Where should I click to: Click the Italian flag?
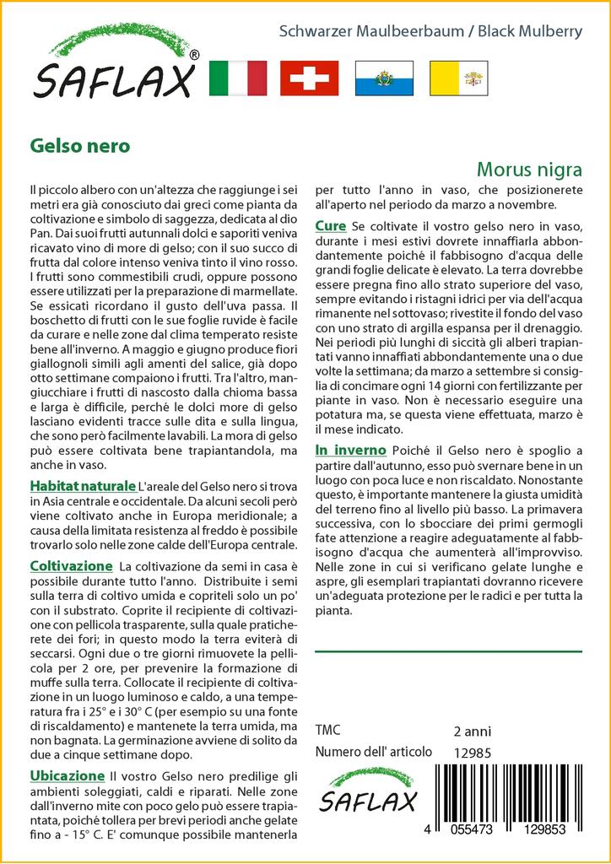(x=236, y=78)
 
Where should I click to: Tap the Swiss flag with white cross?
(x=310, y=78)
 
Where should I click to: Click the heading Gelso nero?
(x=79, y=145)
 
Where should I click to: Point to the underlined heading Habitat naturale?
(x=83, y=486)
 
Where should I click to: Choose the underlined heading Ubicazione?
(x=67, y=775)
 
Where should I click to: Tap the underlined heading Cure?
(x=330, y=226)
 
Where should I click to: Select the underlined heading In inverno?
(x=350, y=450)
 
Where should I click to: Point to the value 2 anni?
(x=472, y=731)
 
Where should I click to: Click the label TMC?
(x=328, y=731)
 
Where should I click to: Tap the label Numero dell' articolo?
(x=373, y=752)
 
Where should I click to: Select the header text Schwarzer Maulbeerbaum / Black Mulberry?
(x=430, y=32)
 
